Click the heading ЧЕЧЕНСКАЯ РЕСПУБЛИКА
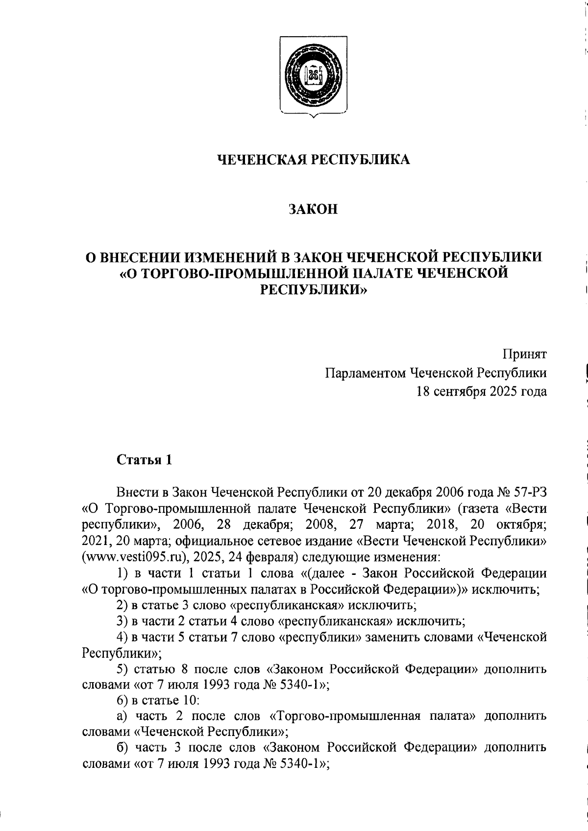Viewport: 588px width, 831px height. [314, 160]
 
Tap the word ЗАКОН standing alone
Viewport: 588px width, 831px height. [314, 210]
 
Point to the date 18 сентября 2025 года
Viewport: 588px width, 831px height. [482, 392]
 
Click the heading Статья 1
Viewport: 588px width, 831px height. [144, 460]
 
